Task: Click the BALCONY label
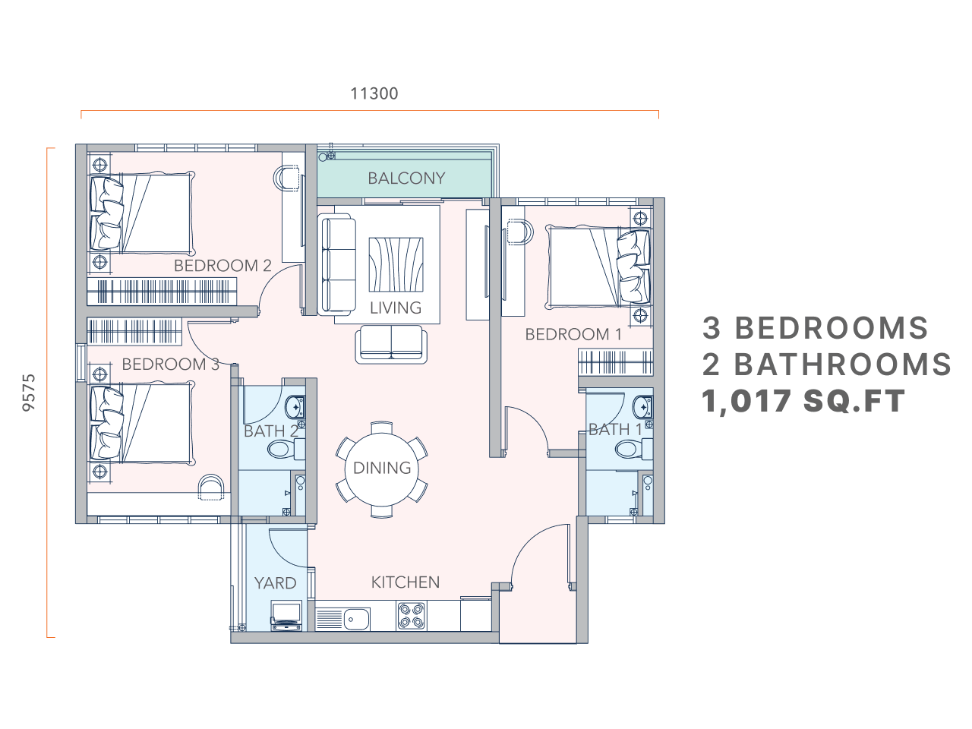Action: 406,178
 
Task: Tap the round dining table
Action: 382,468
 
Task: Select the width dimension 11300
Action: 374,93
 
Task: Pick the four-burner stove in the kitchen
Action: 410,614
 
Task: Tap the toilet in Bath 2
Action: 284,450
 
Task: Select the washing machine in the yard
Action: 286,614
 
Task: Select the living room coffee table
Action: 396,264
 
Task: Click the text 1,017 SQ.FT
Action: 803,400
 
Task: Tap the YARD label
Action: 275,582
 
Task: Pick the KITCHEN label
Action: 405,582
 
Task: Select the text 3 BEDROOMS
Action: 816,328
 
